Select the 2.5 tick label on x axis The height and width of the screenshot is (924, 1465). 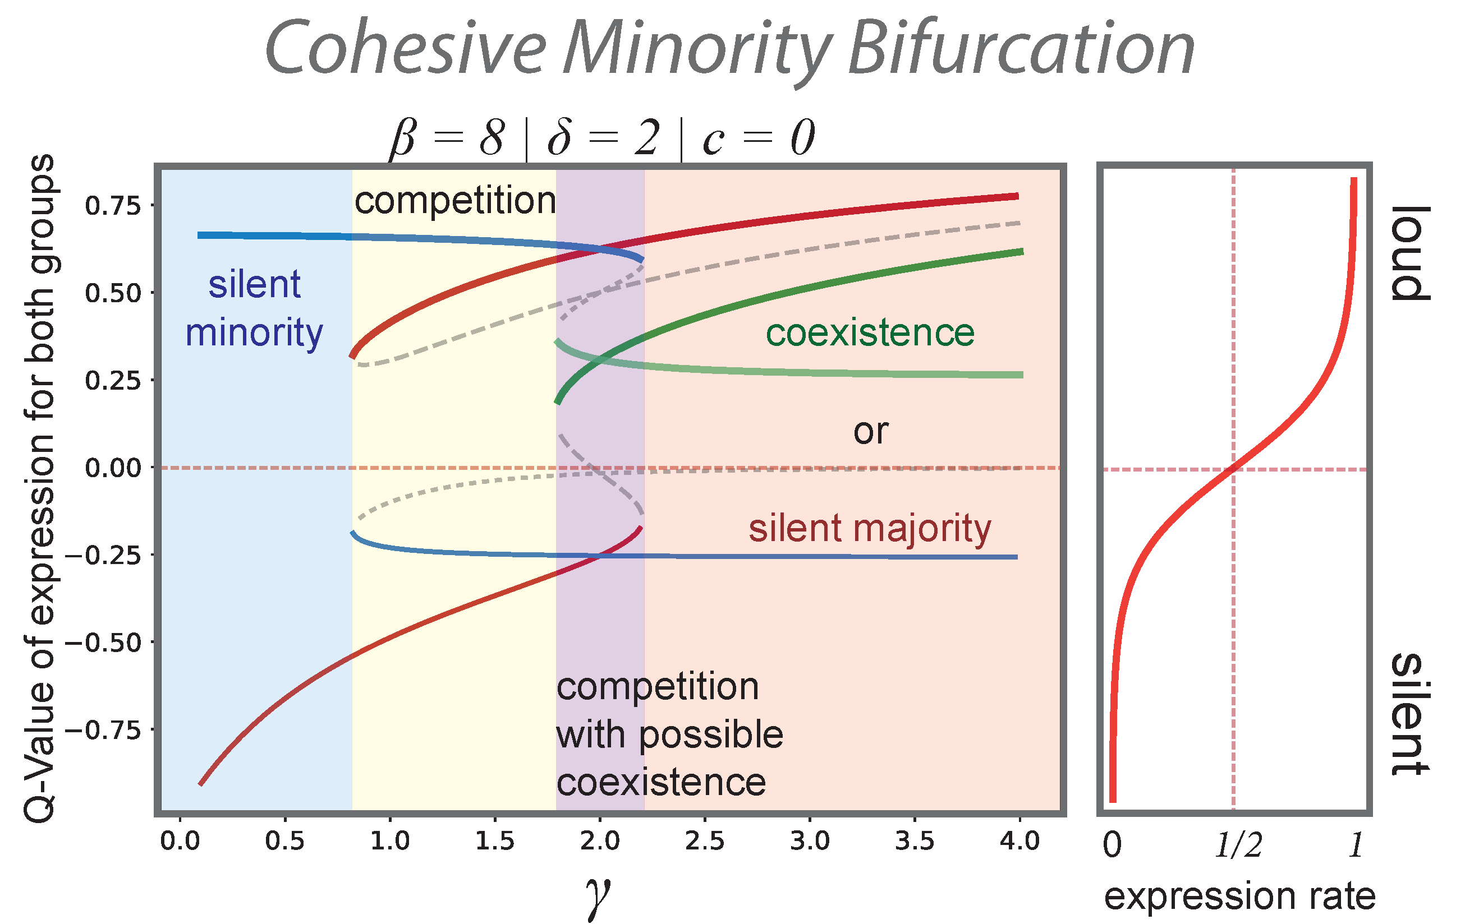click(705, 842)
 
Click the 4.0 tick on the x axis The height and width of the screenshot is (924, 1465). click(1019, 842)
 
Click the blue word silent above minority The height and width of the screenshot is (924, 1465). click(254, 284)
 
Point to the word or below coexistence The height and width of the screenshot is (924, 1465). click(871, 432)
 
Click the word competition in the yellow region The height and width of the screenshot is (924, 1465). click(455, 201)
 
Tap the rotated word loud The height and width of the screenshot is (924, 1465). click(1410, 253)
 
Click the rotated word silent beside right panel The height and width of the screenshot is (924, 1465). click(1410, 714)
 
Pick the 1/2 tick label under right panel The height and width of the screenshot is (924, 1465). click(1238, 845)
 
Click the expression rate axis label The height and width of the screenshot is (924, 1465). click(1239, 896)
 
